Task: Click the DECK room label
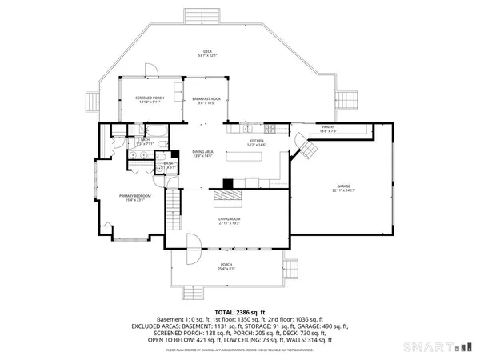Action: [206, 53]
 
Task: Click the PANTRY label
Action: [328, 126]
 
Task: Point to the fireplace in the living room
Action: [230, 194]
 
